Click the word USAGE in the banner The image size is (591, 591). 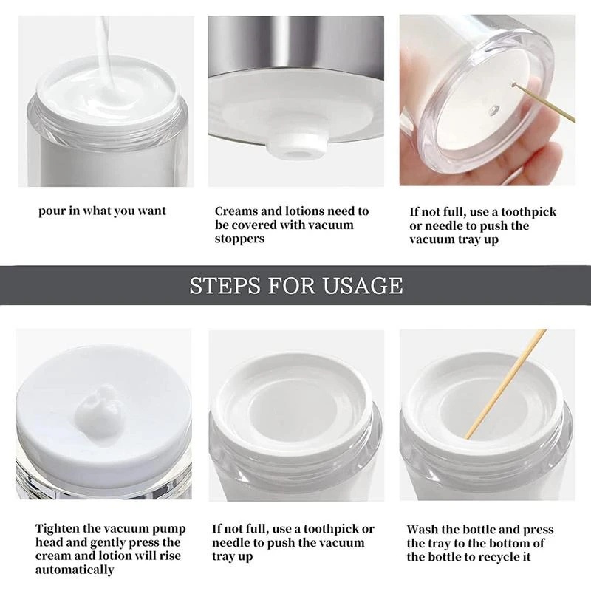click(363, 286)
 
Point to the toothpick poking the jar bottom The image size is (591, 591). click(544, 103)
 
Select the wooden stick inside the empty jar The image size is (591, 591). click(506, 384)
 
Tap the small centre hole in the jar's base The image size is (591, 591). click(494, 110)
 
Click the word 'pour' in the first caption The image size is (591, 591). click(52, 211)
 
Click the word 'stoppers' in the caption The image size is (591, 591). click(239, 239)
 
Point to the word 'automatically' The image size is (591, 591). click(75, 570)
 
